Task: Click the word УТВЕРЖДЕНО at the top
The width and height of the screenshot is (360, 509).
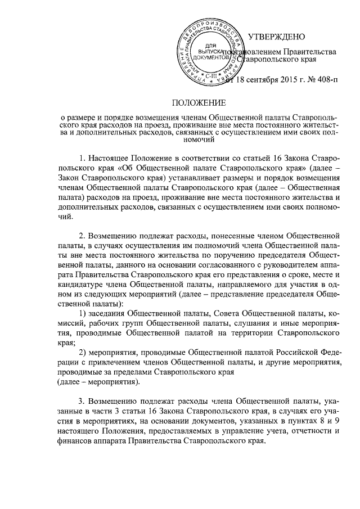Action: tap(276, 37)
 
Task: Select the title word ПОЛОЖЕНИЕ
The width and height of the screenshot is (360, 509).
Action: tap(199, 102)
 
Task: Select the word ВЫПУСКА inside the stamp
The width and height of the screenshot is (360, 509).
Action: tap(209, 51)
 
